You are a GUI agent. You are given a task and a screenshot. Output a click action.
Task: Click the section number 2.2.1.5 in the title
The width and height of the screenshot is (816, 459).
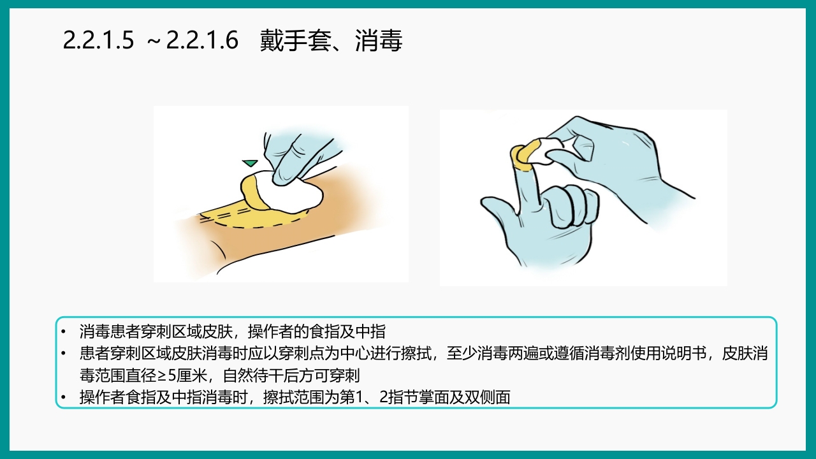coord(99,41)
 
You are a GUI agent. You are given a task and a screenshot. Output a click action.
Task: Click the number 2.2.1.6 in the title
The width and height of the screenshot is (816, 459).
coord(202,41)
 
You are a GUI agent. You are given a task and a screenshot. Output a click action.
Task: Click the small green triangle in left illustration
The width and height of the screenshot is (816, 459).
coord(250,163)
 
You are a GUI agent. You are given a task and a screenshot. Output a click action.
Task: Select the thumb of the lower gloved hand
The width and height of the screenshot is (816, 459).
coord(504,210)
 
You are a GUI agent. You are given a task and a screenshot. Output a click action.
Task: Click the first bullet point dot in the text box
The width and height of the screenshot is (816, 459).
coord(63,332)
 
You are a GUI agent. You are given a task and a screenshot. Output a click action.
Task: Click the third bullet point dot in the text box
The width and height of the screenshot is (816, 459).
coord(63,398)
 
